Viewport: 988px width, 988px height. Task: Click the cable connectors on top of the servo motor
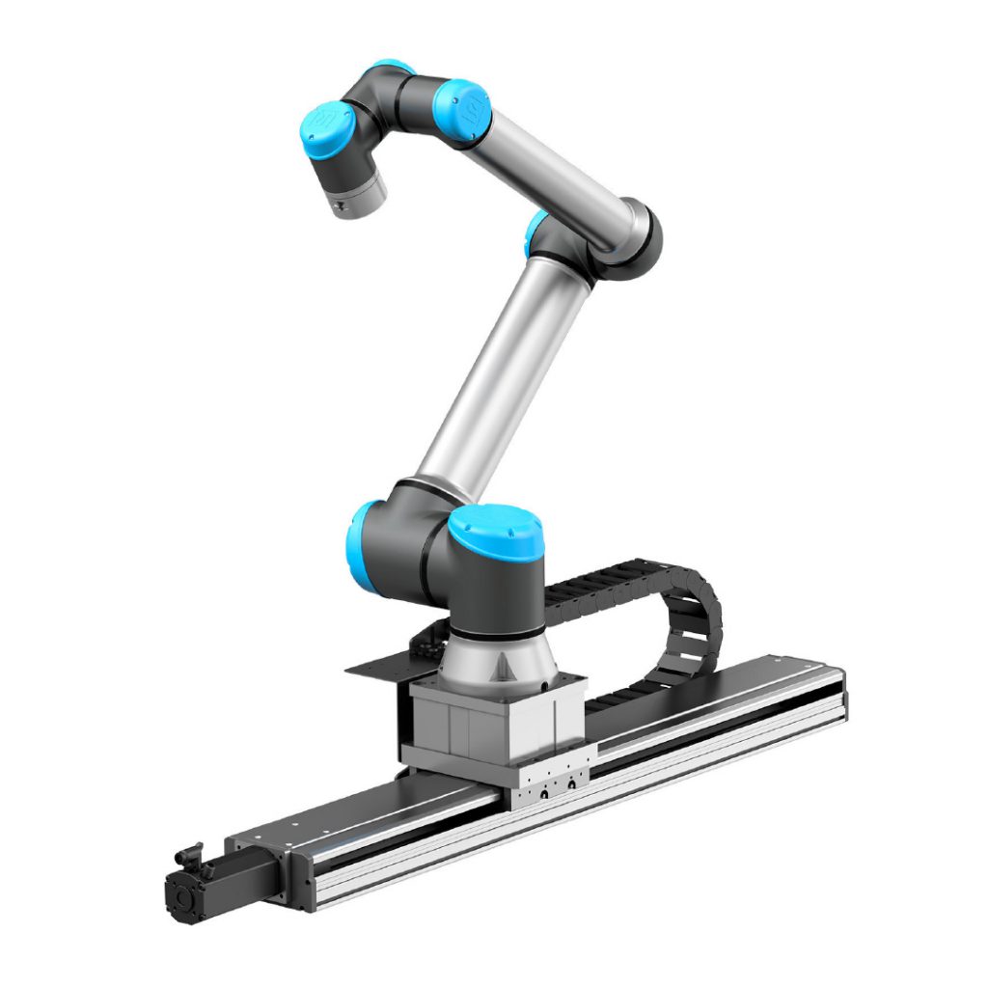point(187,855)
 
